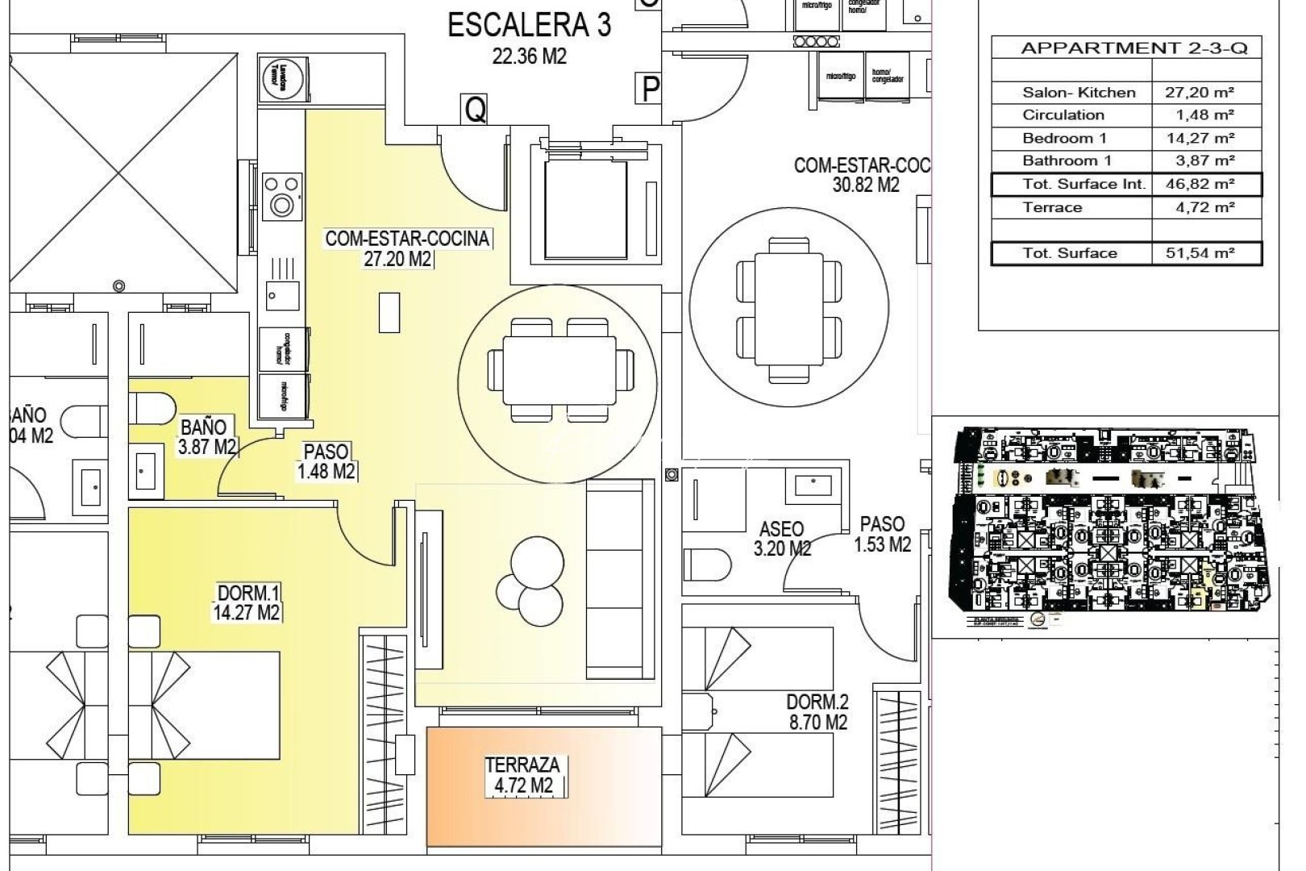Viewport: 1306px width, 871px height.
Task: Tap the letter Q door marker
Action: point(476,109)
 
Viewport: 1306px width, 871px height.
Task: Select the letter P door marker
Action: point(650,89)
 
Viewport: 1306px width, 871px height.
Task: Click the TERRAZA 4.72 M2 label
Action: point(522,774)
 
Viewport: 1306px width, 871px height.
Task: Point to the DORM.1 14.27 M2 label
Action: point(247,602)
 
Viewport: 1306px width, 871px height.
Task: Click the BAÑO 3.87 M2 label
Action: point(207,436)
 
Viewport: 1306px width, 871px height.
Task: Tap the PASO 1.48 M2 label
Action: point(326,461)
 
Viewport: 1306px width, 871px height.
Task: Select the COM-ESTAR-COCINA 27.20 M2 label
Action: point(407,248)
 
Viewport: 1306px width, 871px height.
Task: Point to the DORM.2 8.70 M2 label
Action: point(817,712)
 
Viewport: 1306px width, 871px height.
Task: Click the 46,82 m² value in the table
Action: point(1200,184)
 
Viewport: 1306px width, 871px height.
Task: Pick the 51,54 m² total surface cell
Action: point(1200,253)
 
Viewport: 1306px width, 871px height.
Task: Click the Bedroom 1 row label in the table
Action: point(1064,138)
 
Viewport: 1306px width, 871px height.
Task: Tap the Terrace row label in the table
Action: point(1052,207)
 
